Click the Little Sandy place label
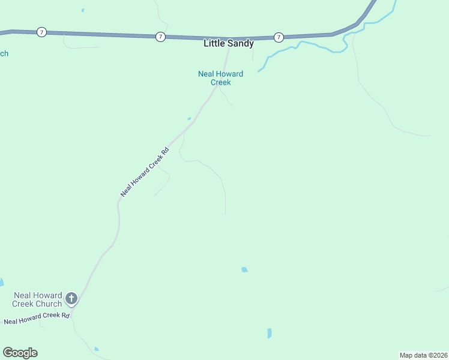(x=229, y=44)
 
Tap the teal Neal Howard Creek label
(x=221, y=78)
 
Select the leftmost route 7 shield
(x=41, y=32)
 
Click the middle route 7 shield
(x=160, y=37)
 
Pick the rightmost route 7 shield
(x=279, y=37)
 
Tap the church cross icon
(x=71, y=298)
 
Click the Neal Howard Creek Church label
(x=37, y=299)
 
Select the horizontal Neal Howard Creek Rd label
(x=37, y=318)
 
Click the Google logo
(x=20, y=353)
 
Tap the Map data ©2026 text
(x=423, y=355)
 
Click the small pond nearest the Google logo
(x=97, y=349)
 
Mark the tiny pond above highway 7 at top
(x=83, y=10)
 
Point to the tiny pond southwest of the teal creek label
(x=189, y=118)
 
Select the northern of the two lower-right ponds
(x=244, y=270)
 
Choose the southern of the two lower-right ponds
(x=269, y=333)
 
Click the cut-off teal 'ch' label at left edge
(x=4, y=53)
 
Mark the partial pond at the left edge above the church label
(x=1, y=281)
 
